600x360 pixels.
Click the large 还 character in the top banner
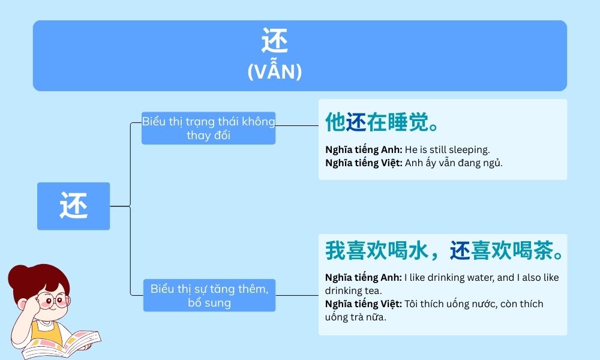275,43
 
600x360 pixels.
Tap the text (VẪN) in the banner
275,72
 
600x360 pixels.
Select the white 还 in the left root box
74,206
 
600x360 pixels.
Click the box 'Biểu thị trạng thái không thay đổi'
208,128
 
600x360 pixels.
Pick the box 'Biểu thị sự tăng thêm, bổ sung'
209,295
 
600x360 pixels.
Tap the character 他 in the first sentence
335,122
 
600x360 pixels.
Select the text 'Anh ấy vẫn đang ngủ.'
453,162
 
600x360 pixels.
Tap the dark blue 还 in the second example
460,251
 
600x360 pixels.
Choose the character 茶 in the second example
542,251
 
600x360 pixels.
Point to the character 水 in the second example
418,251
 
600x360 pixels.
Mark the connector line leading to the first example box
296,126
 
